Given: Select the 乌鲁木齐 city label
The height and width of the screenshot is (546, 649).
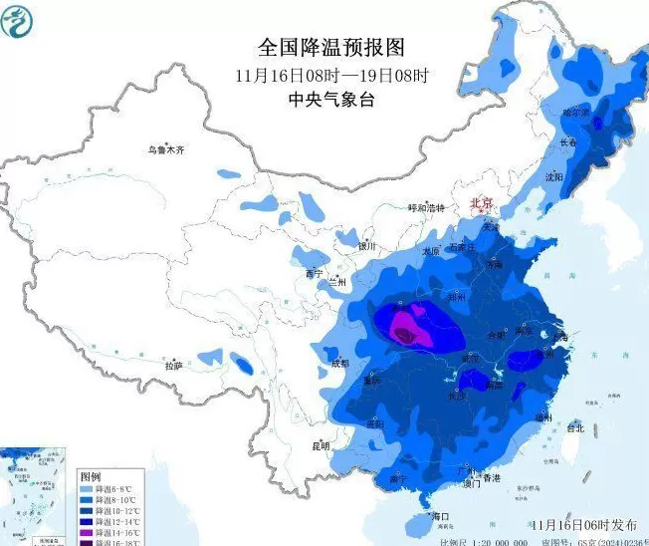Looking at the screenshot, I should click(x=166, y=149).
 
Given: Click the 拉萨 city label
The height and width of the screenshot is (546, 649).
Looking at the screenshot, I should click(x=174, y=366).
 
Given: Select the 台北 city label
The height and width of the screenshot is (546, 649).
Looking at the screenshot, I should click(x=574, y=427).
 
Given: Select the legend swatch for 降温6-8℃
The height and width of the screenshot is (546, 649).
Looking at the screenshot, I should click(x=87, y=490).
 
